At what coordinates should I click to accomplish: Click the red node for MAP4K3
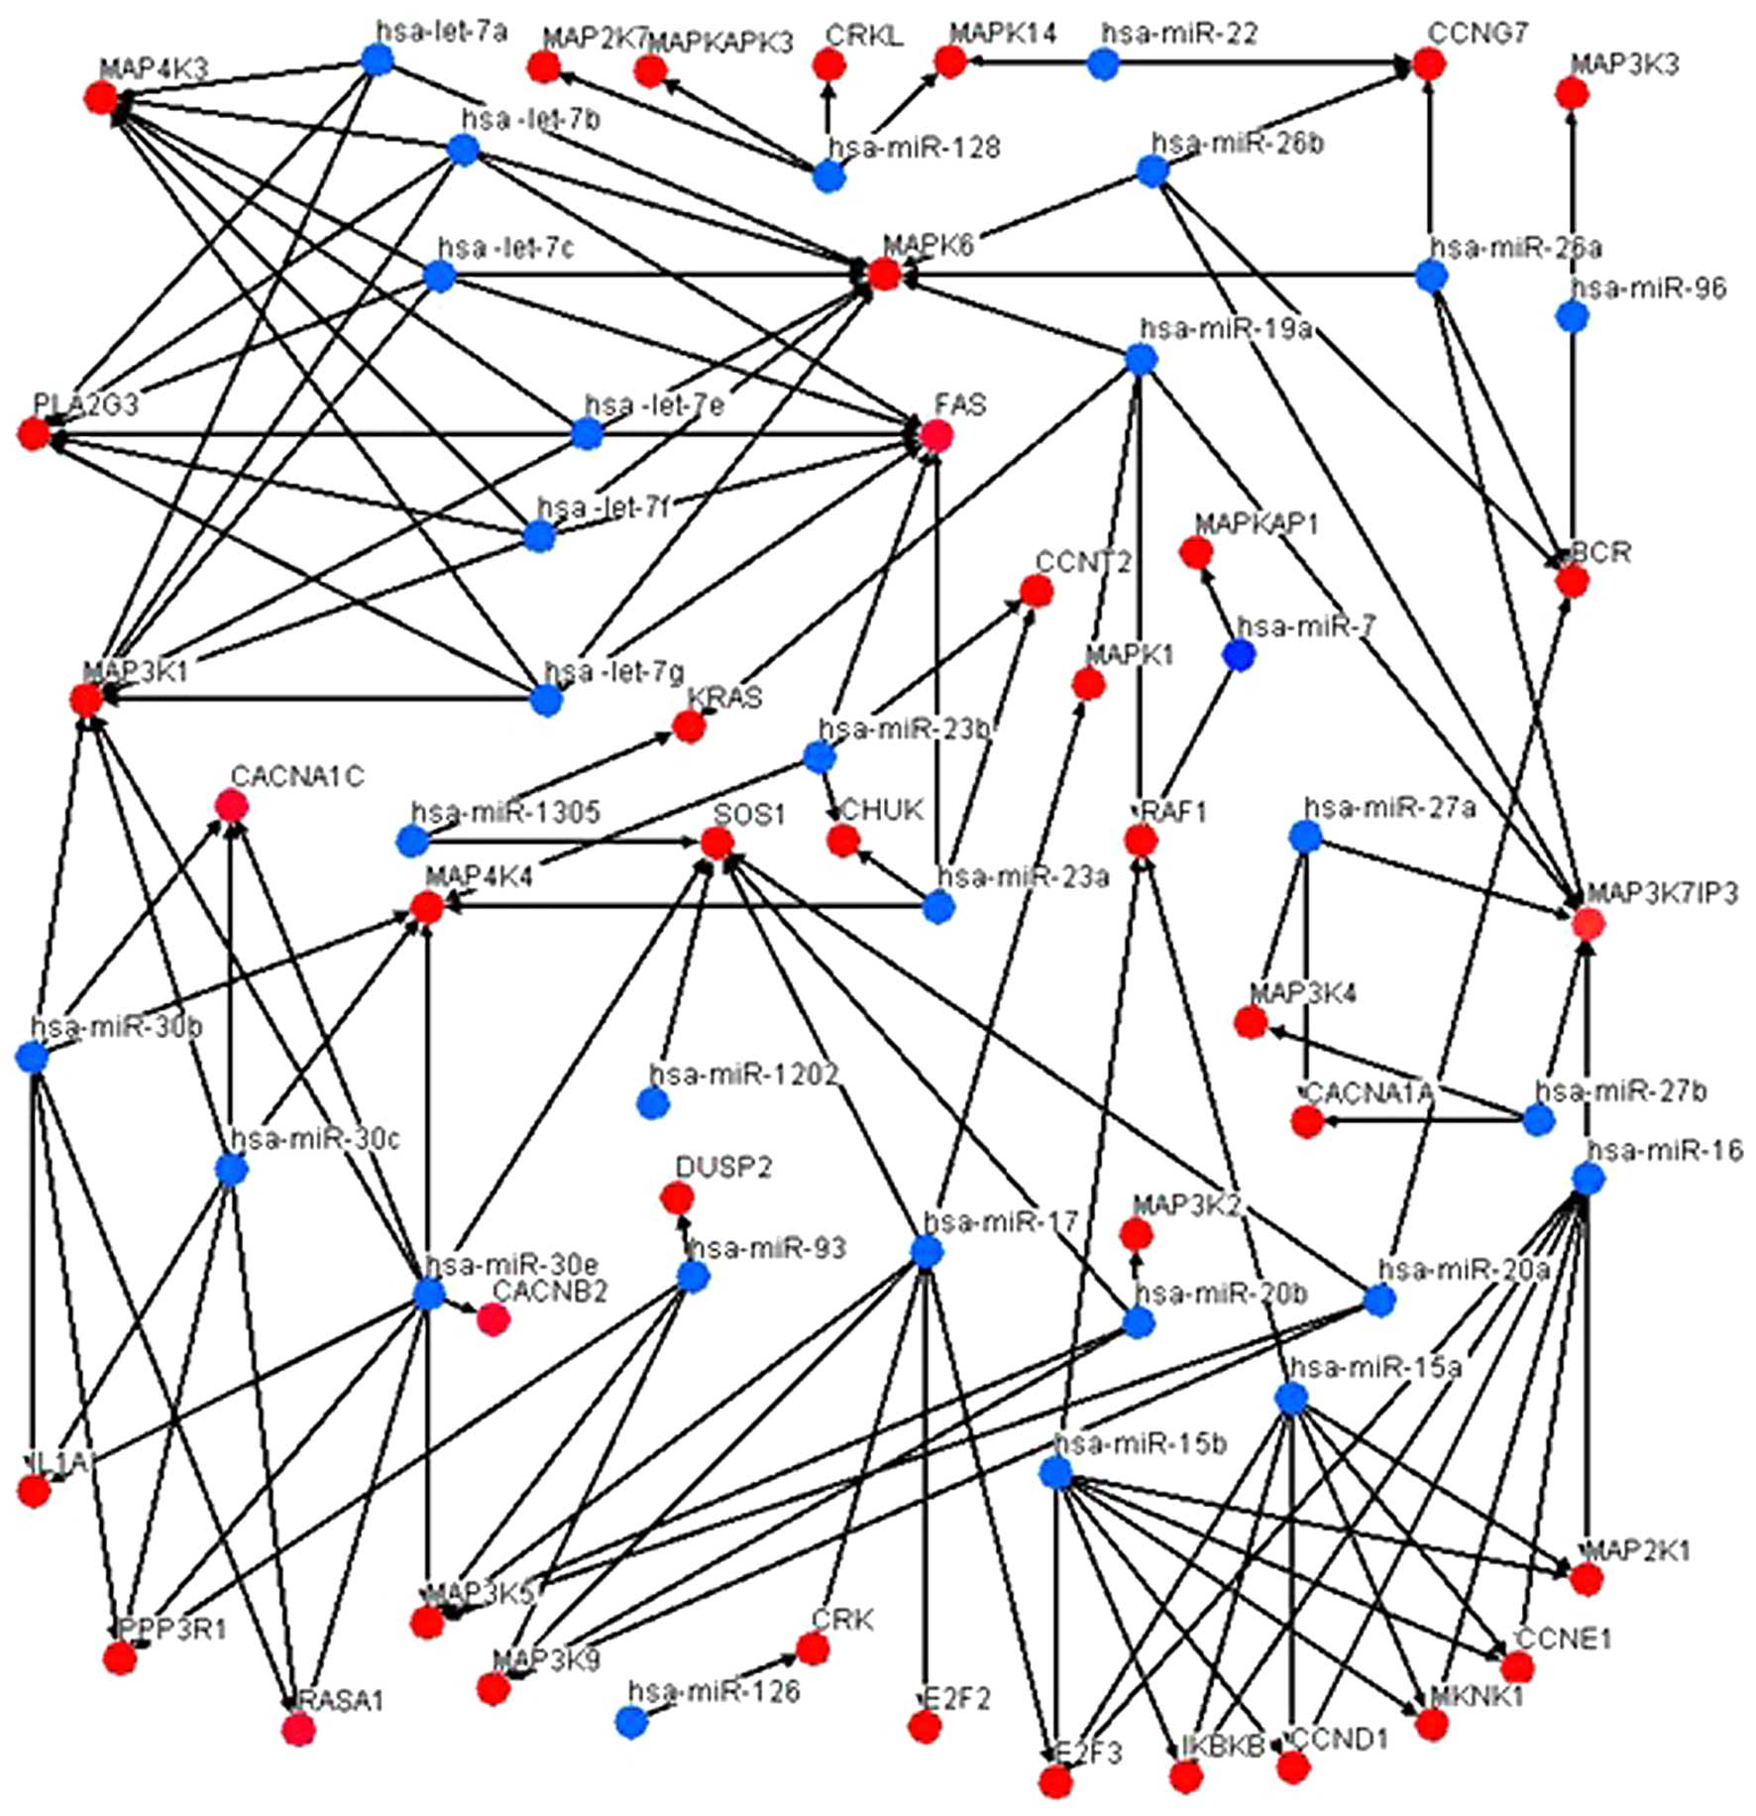tap(100, 97)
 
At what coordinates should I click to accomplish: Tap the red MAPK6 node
tap(883, 274)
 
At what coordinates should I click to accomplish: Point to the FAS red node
tap(935, 434)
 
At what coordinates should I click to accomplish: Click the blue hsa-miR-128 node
tap(828, 176)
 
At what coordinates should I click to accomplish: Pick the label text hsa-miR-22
tap(1179, 34)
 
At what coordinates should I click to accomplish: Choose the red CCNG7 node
tap(1428, 64)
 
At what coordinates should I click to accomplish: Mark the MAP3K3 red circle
tap(1572, 93)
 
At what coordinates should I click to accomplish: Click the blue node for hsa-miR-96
tap(1572, 316)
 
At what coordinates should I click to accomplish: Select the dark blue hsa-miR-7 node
tap(1239, 654)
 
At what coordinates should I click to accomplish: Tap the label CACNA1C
tap(297, 776)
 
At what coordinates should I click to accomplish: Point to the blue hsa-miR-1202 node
tap(652, 1102)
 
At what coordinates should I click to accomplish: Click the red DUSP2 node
tap(677, 1198)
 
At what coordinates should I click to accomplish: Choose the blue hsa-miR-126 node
tap(631, 1722)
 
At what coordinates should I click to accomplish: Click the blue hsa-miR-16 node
tap(1588, 1179)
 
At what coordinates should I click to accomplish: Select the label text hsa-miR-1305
tap(505, 812)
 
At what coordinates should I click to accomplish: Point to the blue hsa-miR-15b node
tap(1056, 1472)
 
